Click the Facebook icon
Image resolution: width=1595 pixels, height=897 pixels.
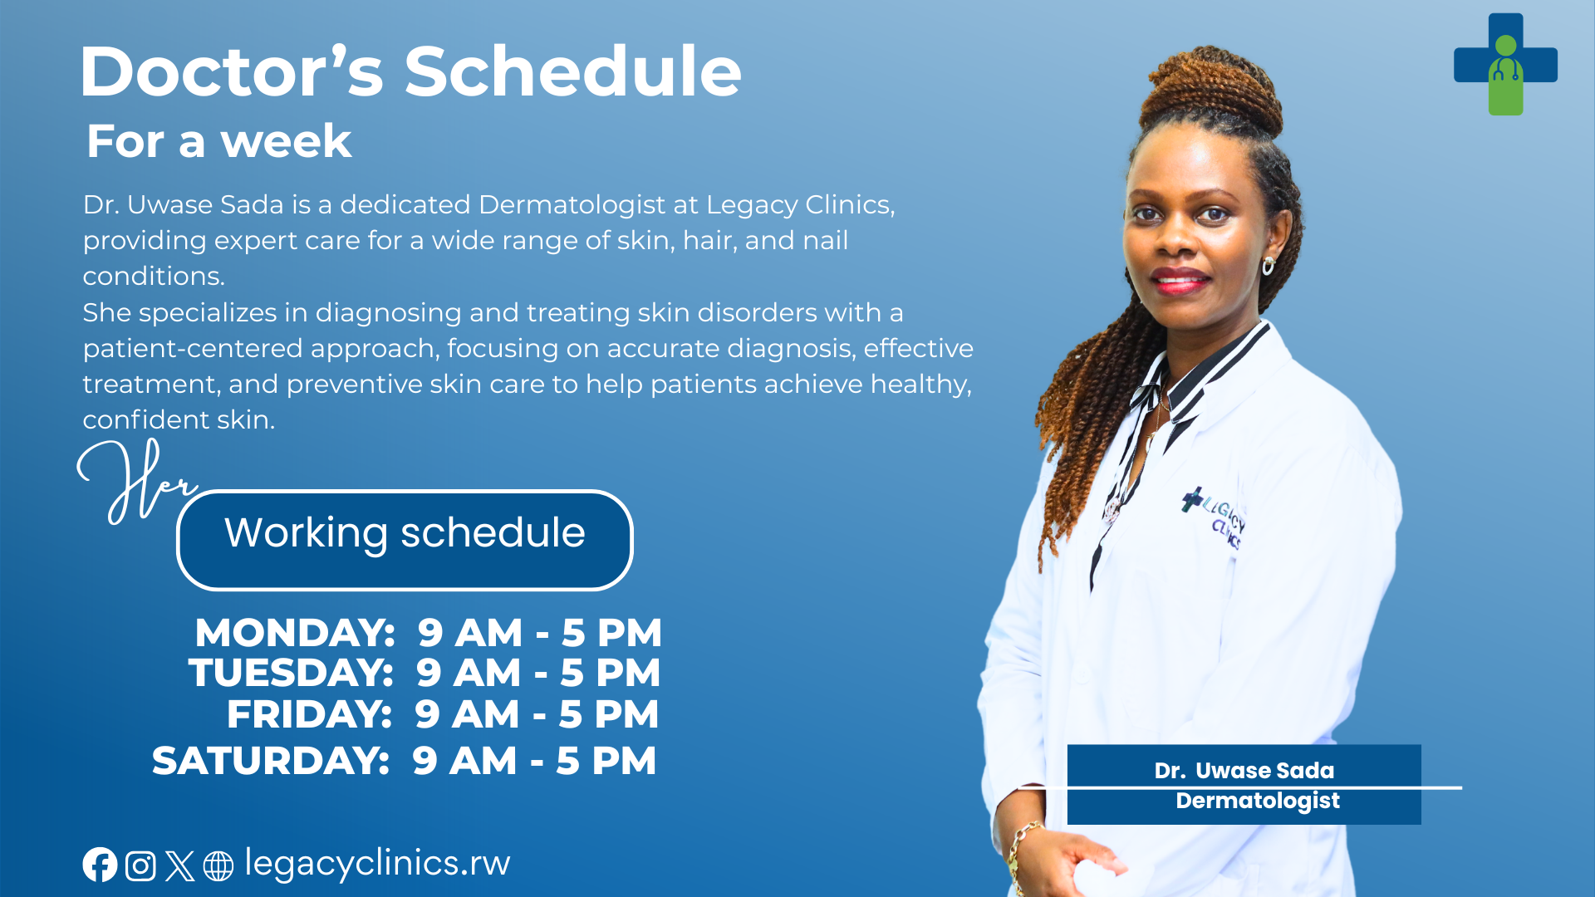(100, 865)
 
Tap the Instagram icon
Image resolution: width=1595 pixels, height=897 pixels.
(140, 865)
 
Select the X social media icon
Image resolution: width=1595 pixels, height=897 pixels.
(179, 865)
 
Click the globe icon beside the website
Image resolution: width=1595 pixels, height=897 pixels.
(218, 865)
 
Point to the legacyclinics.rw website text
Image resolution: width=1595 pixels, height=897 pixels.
(377, 864)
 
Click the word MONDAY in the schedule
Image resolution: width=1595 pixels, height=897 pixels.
(295, 633)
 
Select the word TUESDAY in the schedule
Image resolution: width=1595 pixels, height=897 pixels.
(291, 673)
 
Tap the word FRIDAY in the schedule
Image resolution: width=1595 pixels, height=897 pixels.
(309, 714)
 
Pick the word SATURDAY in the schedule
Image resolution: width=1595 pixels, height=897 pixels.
(271, 761)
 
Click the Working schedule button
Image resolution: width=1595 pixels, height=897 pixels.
(405, 540)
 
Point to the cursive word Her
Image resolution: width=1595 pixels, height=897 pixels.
(137, 482)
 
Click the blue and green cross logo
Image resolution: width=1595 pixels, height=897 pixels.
(1505, 65)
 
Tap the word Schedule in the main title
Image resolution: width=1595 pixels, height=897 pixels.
(572, 71)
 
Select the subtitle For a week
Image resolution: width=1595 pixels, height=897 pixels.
(219, 141)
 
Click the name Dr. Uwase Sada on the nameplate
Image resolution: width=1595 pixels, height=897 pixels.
(1244, 771)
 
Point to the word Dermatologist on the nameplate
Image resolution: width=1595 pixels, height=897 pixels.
(1258, 801)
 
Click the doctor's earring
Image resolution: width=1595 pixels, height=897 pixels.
(1269, 266)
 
